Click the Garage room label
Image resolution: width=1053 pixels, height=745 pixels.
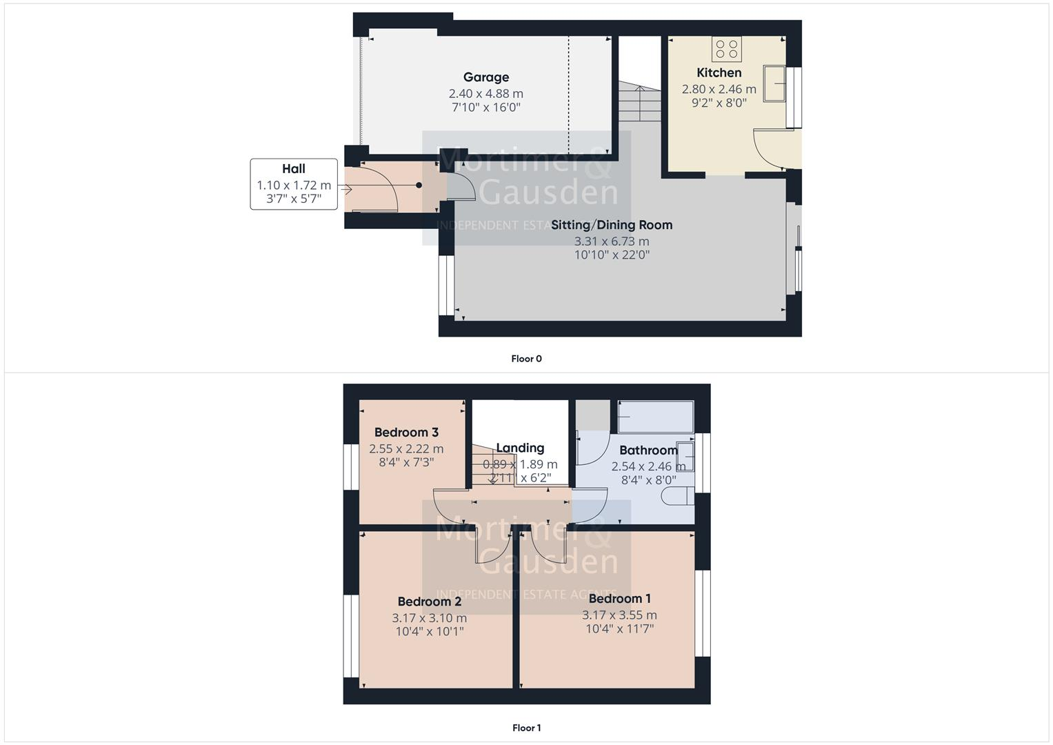pyautogui.click(x=485, y=77)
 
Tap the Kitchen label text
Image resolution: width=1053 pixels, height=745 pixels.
pyautogui.click(x=719, y=72)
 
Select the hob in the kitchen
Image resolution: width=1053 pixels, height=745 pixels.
pyautogui.click(x=726, y=49)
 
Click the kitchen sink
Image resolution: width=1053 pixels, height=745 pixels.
pyautogui.click(x=776, y=83)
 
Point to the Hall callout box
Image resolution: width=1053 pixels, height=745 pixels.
pyautogui.click(x=294, y=184)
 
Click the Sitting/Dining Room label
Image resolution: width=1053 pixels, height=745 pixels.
pyautogui.click(x=611, y=225)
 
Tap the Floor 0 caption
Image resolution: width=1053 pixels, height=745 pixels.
pyautogui.click(x=526, y=359)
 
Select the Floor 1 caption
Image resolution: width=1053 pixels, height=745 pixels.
pyautogui.click(x=526, y=728)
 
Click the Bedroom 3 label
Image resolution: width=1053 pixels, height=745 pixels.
pyautogui.click(x=406, y=433)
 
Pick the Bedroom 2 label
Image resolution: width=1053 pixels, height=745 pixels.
pyautogui.click(x=430, y=602)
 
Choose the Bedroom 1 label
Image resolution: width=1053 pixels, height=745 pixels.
pyautogui.click(x=619, y=599)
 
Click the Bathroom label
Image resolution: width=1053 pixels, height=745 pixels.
pyautogui.click(x=648, y=450)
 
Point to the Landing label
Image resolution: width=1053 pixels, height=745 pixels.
pyautogui.click(x=520, y=448)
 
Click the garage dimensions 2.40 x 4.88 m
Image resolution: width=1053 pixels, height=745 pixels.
pyautogui.click(x=485, y=93)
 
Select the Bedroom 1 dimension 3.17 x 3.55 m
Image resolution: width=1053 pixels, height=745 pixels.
pyautogui.click(x=619, y=615)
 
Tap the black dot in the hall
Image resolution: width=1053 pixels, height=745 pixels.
pyautogui.click(x=419, y=185)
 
